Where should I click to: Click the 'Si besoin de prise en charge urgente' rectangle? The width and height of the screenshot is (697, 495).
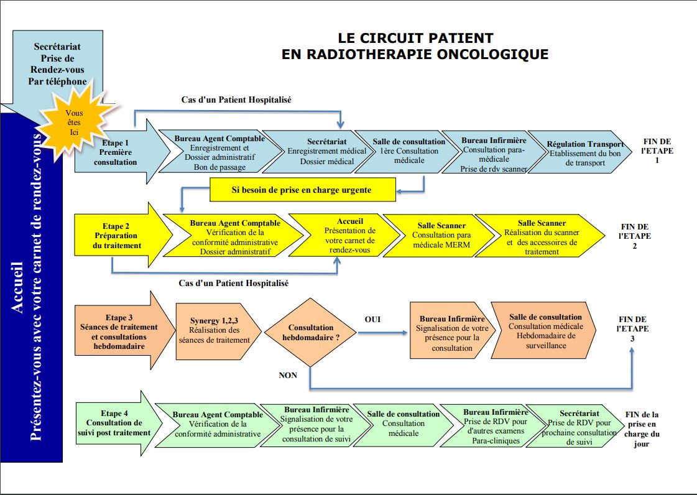coord(302,190)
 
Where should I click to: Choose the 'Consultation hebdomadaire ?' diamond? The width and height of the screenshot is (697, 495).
coord(310,332)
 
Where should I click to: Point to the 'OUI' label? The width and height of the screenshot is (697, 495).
coord(372,320)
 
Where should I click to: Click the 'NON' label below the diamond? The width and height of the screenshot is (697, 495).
coord(288,376)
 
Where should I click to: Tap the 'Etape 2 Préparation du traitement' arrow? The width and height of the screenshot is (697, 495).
coord(121,235)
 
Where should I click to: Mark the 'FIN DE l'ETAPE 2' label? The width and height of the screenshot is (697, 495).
coord(634,236)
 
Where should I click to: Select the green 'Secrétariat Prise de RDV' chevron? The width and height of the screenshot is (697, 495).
coord(576,426)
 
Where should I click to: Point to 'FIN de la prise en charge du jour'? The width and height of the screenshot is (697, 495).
coord(642,428)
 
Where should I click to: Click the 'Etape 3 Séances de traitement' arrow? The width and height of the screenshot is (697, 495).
coord(122,331)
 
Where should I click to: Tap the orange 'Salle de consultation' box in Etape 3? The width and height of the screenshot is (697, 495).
coord(544,331)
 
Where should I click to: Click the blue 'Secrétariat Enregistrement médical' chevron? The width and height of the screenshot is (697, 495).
coord(320,151)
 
